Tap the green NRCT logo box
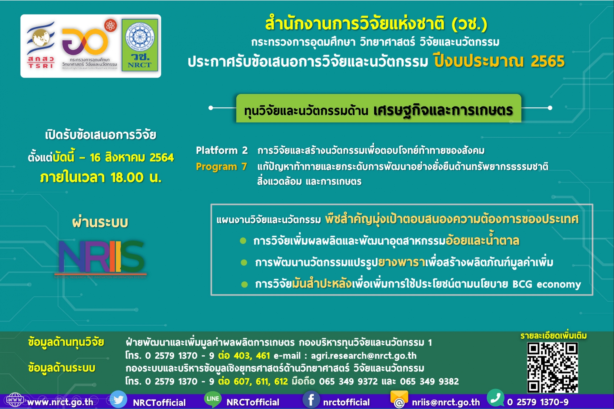[140, 45]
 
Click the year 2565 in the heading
[548, 61]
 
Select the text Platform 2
[222, 150]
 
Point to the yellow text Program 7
[221, 166]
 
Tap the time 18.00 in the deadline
[127, 177]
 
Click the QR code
[552, 367]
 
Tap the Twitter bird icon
[118, 400]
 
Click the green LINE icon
[213, 399]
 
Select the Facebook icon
[311, 400]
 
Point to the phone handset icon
[495, 398]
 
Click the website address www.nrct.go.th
[60, 402]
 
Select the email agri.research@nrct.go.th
[363, 355]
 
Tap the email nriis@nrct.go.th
[446, 402]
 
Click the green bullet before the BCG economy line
[245, 284]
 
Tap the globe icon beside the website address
[15, 400]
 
